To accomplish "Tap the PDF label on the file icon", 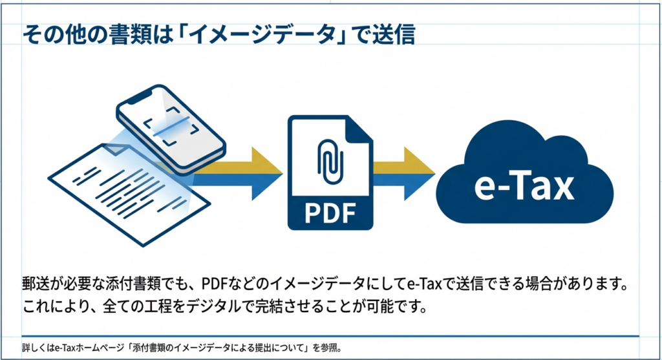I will [330, 211].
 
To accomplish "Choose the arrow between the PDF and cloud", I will [404, 173].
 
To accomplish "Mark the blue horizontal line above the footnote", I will [330, 336].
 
